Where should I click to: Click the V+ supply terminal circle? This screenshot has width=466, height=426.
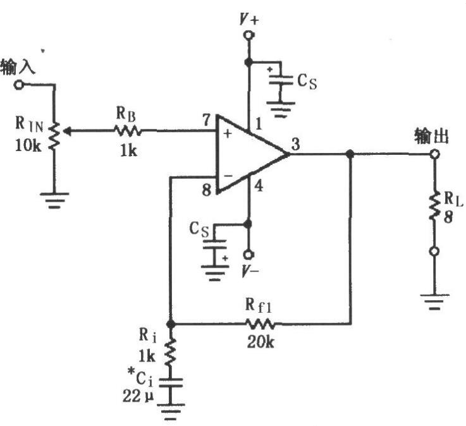(x=248, y=35)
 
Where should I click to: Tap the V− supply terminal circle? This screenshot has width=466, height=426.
(x=248, y=255)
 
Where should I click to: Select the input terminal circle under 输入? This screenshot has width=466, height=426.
(x=19, y=85)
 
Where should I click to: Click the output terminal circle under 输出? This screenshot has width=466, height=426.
(x=434, y=154)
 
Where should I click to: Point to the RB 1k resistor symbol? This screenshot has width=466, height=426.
(x=128, y=130)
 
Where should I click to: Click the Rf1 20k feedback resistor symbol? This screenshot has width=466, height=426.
(x=260, y=324)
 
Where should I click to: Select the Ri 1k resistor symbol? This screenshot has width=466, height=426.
(x=171, y=353)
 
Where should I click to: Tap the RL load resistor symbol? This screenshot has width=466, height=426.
(x=434, y=205)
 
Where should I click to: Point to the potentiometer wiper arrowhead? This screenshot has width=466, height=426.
(x=67, y=131)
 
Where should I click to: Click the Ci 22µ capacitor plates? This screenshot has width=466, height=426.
(x=171, y=382)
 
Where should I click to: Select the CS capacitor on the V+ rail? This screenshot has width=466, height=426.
(x=281, y=80)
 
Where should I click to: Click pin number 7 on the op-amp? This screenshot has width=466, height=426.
(x=206, y=120)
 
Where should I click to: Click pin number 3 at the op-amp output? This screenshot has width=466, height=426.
(x=295, y=145)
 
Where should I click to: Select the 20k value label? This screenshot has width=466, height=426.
(x=261, y=342)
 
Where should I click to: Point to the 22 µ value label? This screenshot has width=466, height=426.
(x=138, y=396)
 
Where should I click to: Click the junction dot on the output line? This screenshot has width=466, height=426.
(x=350, y=154)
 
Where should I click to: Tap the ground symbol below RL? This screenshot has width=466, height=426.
(x=434, y=301)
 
